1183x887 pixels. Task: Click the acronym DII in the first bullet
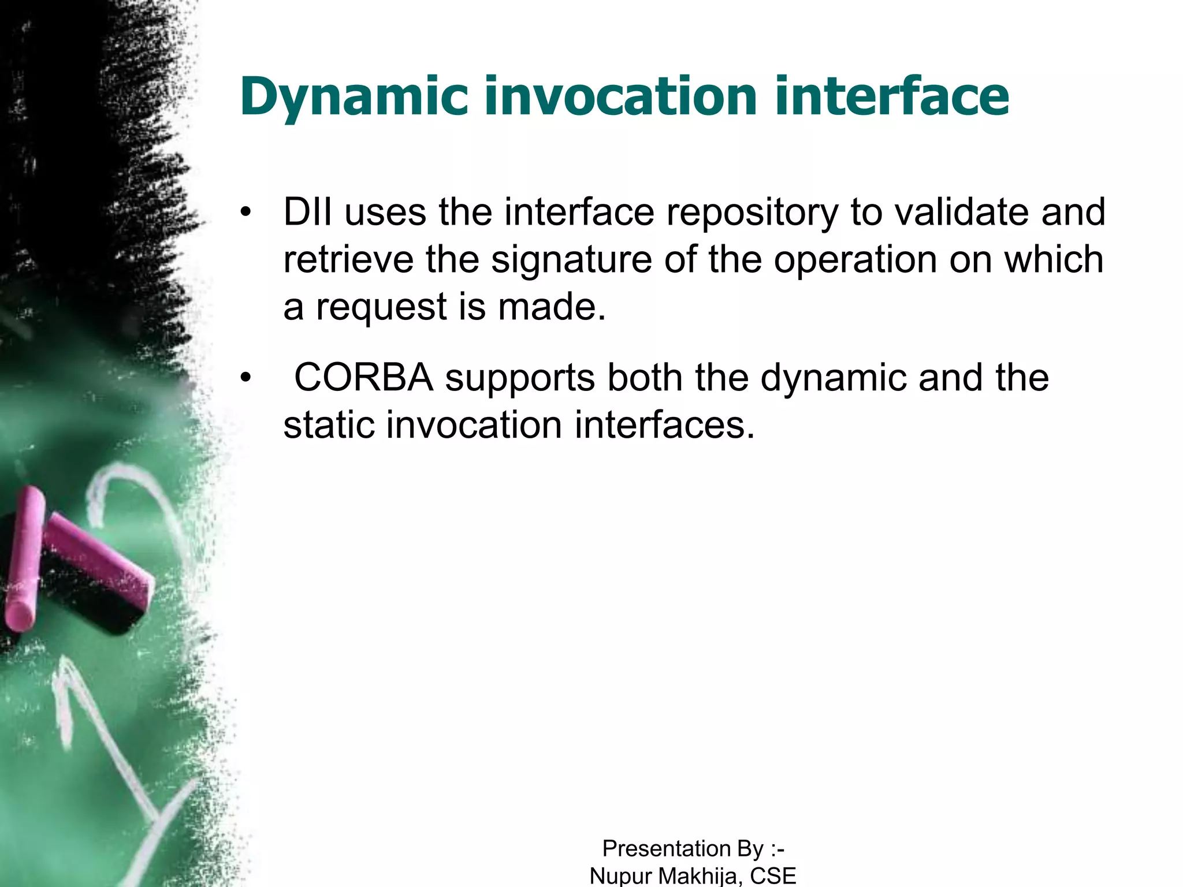pos(307,212)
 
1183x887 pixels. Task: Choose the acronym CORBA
pos(363,378)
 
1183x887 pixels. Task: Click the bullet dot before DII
pos(247,213)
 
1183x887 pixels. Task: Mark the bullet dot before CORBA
pos(247,378)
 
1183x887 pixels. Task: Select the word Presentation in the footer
pos(667,848)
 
